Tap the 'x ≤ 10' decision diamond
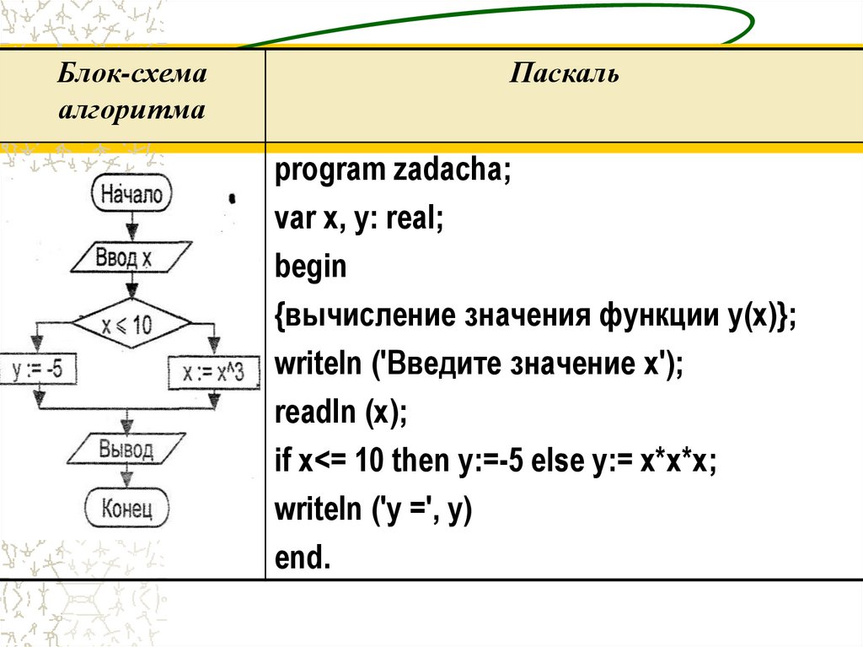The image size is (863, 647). coord(131,323)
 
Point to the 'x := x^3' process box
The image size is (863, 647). coord(213,372)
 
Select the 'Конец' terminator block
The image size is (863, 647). coord(127,509)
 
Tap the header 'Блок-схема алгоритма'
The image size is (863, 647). coord(132,93)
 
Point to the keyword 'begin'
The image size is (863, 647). coord(310,267)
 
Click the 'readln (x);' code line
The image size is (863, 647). coord(340,414)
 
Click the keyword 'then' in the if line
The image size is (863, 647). coord(417,461)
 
